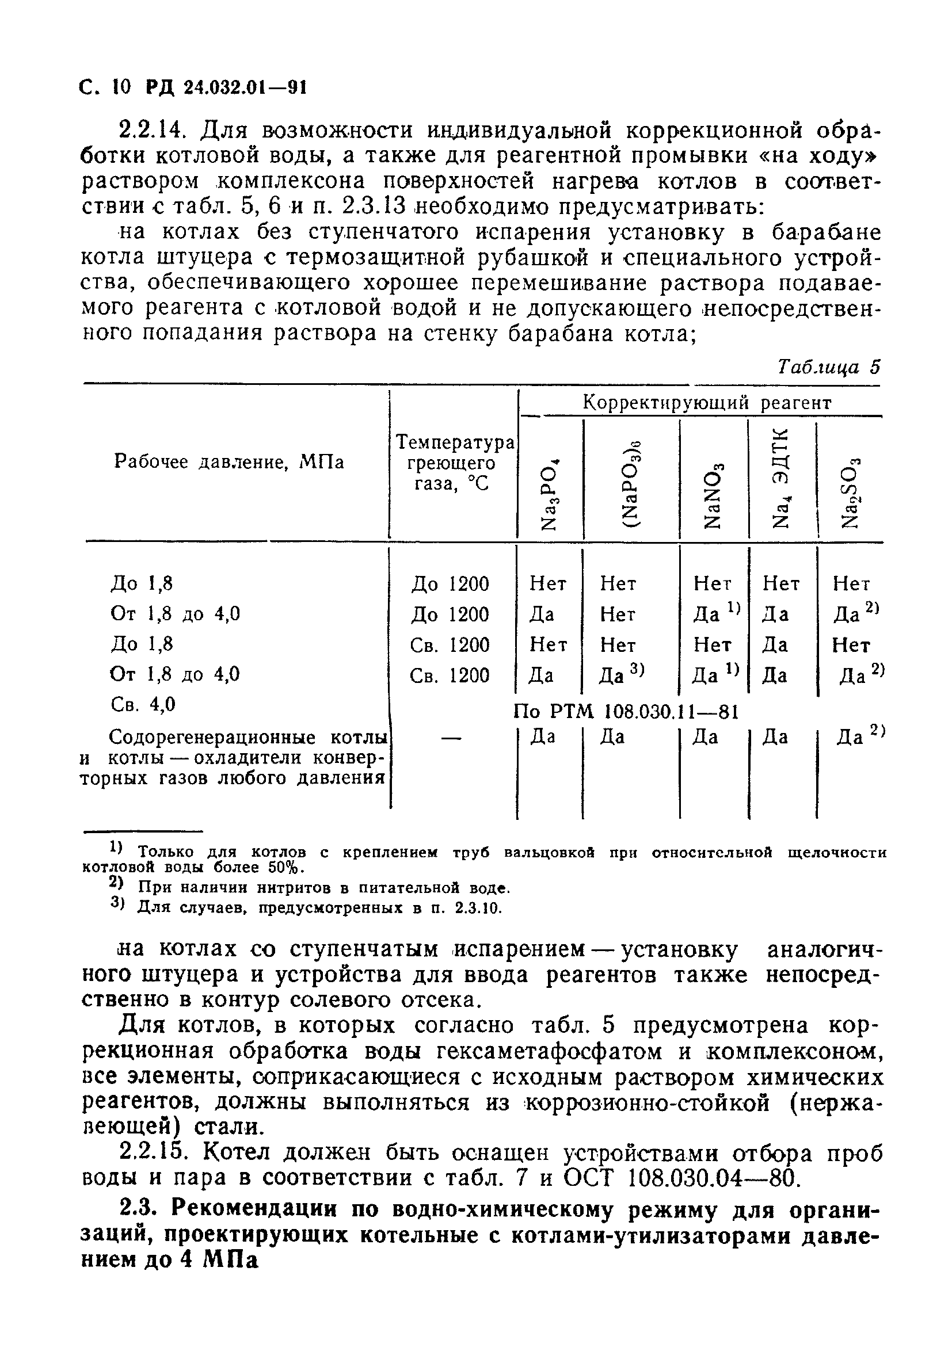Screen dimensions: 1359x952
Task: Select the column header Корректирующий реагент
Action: coord(707,403)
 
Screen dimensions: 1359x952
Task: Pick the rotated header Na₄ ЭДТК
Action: coord(782,477)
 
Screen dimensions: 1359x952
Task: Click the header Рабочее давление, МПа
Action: coord(229,461)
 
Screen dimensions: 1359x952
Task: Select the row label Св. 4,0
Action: coord(143,704)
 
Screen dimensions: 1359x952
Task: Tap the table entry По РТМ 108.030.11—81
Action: coord(626,711)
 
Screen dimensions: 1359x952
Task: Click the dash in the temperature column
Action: coord(451,738)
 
